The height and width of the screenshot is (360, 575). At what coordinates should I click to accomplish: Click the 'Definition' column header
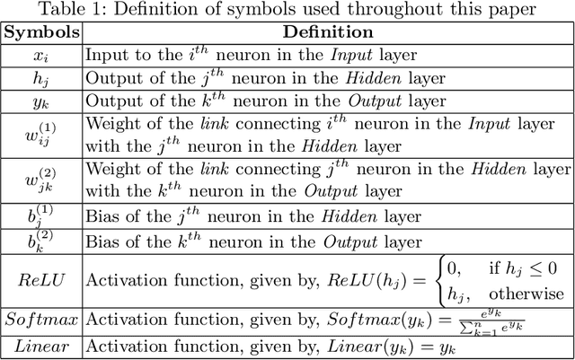tap(327, 32)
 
